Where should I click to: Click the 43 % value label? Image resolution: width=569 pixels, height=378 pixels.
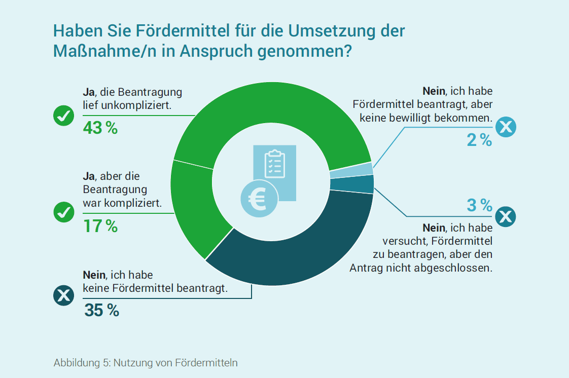pyautogui.click(x=100, y=128)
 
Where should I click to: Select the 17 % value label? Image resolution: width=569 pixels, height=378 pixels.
pyautogui.click(x=100, y=226)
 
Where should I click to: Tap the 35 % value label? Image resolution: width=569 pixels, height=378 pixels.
pyautogui.click(x=101, y=310)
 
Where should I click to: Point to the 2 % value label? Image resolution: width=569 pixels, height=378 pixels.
pyautogui.click(x=479, y=140)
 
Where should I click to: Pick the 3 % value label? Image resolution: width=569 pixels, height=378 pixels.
pyautogui.click(x=479, y=205)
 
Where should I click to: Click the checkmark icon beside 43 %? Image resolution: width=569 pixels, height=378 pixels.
pyautogui.click(x=64, y=116)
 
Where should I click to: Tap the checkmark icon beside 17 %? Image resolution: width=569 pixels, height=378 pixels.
pyautogui.click(x=64, y=212)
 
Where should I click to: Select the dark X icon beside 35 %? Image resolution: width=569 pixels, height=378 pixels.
pyautogui.click(x=64, y=295)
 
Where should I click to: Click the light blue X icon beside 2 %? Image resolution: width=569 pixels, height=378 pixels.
pyautogui.click(x=506, y=127)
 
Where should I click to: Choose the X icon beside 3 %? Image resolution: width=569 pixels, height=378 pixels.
pyautogui.click(x=506, y=217)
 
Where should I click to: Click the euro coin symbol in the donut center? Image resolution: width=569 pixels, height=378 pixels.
pyautogui.click(x=259, y=199)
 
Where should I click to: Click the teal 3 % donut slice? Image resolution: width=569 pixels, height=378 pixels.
pyautogui.click(x=352, y=184)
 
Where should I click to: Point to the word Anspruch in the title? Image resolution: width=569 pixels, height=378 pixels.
pyautogui.click(x=216, y=51)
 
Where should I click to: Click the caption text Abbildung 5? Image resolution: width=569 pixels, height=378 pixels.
pyautogui.click(x=82, y=363)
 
